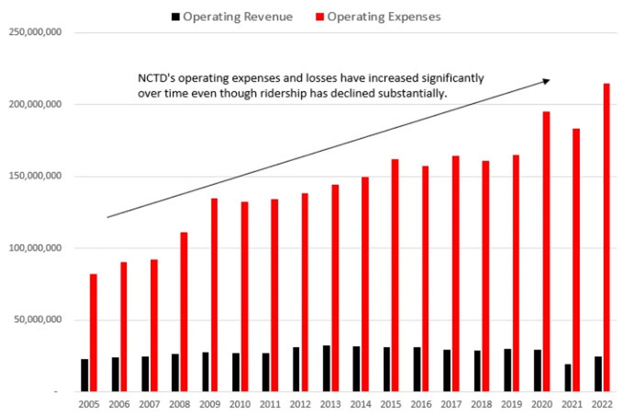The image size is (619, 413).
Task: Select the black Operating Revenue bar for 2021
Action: coord(568,378)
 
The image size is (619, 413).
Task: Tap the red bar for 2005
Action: coord(93,333)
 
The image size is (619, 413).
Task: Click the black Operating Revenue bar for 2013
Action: coord(326,369)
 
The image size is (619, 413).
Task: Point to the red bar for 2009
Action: coord(214,295)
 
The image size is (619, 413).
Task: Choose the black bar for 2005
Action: coord(84,375)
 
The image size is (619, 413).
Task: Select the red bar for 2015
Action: coord(395,275)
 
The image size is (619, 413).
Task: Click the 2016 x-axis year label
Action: coord(419,404)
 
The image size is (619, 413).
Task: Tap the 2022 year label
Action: coord(600,404)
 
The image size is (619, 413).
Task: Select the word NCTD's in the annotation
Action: coord(153,79)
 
